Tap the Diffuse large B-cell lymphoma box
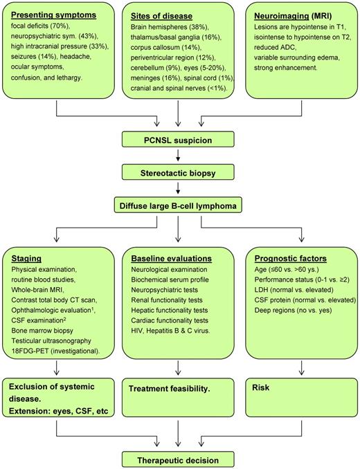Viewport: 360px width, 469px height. [180, 205]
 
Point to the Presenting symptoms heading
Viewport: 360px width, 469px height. [56, 14]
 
